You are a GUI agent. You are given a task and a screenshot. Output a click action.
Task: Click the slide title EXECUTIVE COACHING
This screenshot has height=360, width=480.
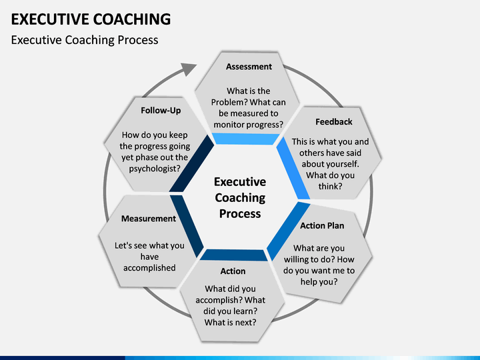pyautogui.click(x=91, y=19)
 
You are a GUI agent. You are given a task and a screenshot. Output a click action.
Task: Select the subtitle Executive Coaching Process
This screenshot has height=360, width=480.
pyautogui.click(x=85, y=40)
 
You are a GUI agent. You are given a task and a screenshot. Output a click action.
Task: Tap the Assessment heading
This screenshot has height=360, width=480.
pyautogui.click(x=249, y=67)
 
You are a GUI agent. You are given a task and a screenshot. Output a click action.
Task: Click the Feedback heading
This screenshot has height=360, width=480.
pyautogui.click(x=334, y=122)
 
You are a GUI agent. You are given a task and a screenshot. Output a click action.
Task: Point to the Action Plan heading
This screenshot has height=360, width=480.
pyautogui.click(x=322, y=225)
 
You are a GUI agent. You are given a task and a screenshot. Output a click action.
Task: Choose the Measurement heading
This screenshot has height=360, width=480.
pyautogui.click(x=149, y=219)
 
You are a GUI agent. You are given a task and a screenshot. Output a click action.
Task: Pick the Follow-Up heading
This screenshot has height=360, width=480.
pyautogui.click(x=161, y=111)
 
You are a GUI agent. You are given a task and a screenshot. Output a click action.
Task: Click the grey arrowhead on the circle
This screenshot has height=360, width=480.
pyautogui.click(x=187, y=69)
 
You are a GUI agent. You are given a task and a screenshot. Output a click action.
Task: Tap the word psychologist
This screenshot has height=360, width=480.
pyautogui.click(x=153, y=169)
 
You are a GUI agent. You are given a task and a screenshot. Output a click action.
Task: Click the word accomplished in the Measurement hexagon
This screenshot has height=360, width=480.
pyautogui.click(x=149, y=268)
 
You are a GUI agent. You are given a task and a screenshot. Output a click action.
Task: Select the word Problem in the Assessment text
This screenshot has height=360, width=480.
pyautogui.click(x=227, y=102)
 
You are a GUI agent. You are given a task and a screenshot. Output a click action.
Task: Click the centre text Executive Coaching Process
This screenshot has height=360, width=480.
pyautogui.click(x=240, y=198)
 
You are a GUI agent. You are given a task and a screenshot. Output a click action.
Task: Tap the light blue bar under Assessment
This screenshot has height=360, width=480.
pyautogui.click(x=245, y=139)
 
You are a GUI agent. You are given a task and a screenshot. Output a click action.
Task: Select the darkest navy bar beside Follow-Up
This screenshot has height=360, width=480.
pyautogui.click(x=191, y=164)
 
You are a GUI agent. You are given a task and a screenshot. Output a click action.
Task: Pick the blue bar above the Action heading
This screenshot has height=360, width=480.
pyautogui.click(x=234, y=255)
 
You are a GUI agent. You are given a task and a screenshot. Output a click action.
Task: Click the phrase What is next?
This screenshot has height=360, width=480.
pyautogui.click(x=230, y=323)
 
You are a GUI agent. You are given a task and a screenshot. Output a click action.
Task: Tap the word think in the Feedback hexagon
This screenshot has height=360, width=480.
pyautogui.click(x=329, y=187)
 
